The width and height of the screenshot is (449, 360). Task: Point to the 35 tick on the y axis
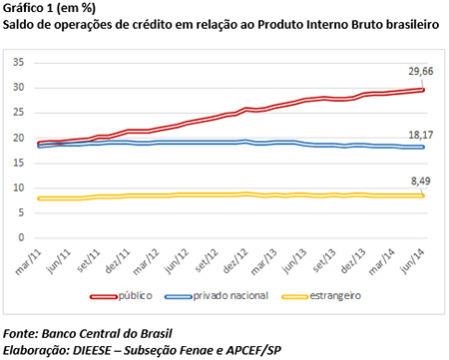17,62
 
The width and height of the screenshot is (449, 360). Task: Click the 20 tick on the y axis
17,138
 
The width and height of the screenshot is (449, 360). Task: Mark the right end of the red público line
425,90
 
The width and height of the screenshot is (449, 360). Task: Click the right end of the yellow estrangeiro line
425,195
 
